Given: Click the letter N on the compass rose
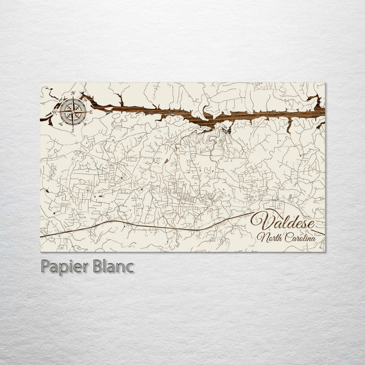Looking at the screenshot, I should point(74,94).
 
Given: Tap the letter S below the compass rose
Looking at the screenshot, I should point(72,130).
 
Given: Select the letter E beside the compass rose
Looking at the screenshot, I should point(91,112).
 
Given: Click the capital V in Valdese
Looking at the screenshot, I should point(261,222).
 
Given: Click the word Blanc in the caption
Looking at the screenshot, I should point(112,266).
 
